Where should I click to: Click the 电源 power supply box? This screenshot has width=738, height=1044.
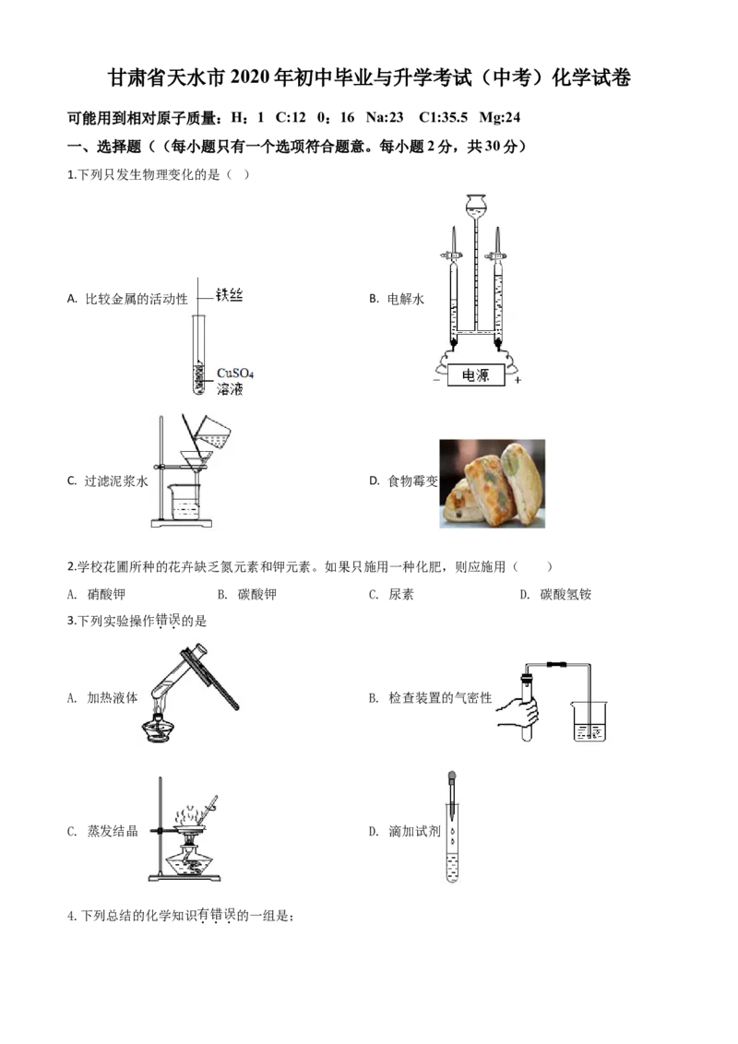476,374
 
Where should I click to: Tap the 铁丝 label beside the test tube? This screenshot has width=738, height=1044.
229,294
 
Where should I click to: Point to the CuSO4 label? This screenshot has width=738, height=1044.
235,374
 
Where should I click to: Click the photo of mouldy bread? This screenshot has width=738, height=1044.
493,483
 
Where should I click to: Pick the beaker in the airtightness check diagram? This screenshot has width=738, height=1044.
589,722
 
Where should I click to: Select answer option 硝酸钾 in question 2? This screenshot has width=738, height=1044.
107,594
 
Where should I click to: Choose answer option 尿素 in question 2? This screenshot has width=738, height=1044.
401,594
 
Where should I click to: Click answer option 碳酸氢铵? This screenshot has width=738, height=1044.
565,594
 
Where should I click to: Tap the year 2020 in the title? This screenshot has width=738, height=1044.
251,77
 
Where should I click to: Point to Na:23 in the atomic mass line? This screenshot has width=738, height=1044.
385,118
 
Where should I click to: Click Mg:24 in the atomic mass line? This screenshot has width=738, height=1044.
500,118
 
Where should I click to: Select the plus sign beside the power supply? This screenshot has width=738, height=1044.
518,380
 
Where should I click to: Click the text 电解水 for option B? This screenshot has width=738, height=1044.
406,299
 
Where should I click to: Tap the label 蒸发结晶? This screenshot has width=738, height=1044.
113,831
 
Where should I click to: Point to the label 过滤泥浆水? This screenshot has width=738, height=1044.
116,480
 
